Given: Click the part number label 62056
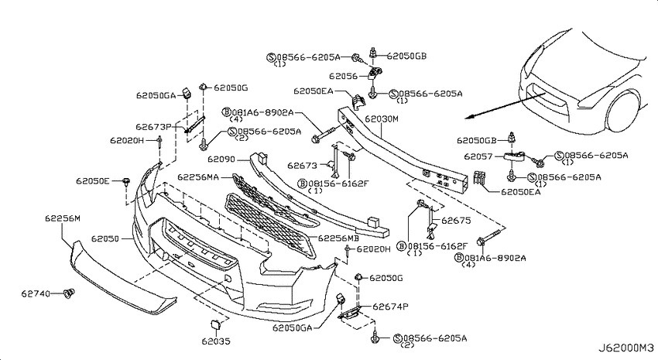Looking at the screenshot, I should coord(342,77).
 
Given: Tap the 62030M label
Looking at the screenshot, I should coord(381,120).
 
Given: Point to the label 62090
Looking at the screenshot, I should coord(221,159).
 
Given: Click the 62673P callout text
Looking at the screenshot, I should coord(153,126).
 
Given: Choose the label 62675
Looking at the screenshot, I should coord(456,221).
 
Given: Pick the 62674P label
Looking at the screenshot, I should coord(389,307).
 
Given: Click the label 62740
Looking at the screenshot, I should coord(35,293).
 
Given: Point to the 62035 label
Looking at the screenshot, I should coord(217,341).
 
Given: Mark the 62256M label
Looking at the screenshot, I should coord(62,219).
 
